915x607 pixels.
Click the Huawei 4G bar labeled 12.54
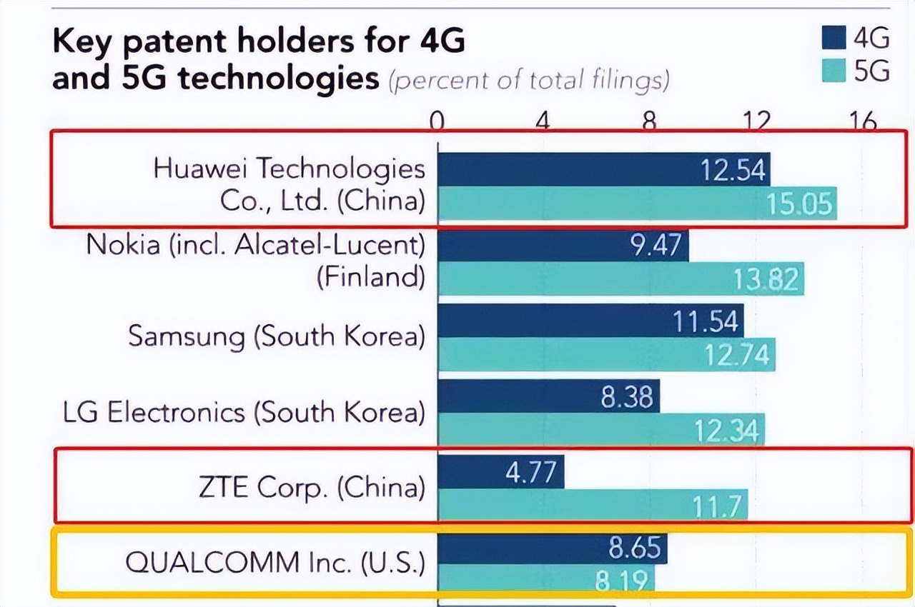pos(604,169)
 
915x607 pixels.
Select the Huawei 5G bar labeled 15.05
pos(636,204)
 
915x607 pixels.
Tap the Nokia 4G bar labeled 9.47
pos(563,245)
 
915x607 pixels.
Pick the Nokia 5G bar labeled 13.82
pos(620,279)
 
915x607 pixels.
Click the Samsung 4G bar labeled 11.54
pos(590,321)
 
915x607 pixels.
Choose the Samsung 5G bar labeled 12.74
pos(606,354)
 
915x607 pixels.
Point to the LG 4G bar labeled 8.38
pos(548,396)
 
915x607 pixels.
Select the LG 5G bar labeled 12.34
pos(600,430)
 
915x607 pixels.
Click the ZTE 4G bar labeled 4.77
pos(500,472)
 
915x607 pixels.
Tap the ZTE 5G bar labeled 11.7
pos(592,506)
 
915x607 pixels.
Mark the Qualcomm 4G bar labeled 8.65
pos(552,548)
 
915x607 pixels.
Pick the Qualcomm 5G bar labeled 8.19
pos(545,579)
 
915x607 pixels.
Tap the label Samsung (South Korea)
pos(277,336)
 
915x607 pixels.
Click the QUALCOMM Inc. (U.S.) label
pos(275,563)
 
